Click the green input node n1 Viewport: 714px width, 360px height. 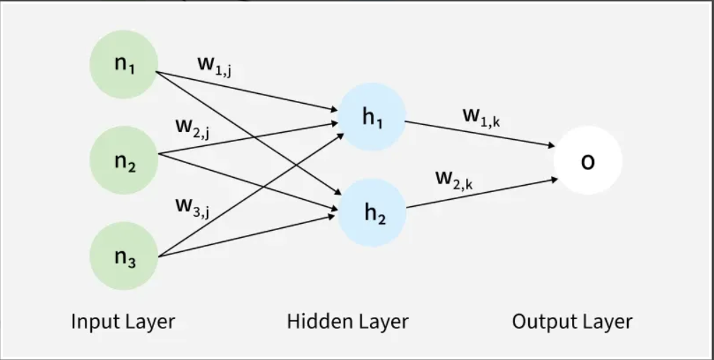point(124,65)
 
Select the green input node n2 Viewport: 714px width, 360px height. point(124,161)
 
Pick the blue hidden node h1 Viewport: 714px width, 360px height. point(372,117)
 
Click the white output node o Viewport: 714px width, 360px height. point(588,161)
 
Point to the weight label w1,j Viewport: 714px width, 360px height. point(215,65)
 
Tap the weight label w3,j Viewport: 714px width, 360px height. point(192,207)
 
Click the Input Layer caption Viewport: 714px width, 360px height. point(123,322)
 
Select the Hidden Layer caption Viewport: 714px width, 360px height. point(347,322)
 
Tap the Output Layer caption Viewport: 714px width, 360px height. point(572,322)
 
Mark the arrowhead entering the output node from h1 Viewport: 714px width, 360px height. point(552,146)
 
